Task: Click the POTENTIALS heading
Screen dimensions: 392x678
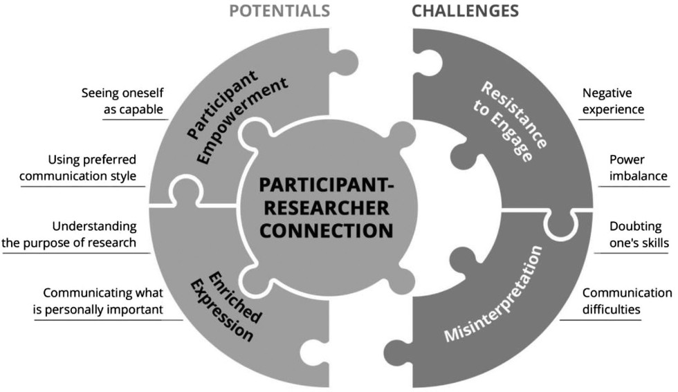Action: pyautogui.click(x=278, y=10)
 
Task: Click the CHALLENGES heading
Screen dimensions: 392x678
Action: pyautogui.click(x=465, y=10)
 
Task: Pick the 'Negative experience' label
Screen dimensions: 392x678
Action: pyautogui.click(x=613, y=101)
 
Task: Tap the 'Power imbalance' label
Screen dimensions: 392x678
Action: pyautogui.click(x=638, y=167)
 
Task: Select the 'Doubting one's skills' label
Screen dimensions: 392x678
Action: pyautogui.click(x=636, y=234)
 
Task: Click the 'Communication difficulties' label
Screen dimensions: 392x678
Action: pyautogui.click(x=626, y=301)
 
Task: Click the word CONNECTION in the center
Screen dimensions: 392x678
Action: pyautogui.click(x=324, y=230)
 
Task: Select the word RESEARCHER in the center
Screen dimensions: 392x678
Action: pyautogui.click(x=324, y=207)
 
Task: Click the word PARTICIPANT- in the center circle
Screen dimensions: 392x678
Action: pyautogui.click(x=324, y=185)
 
